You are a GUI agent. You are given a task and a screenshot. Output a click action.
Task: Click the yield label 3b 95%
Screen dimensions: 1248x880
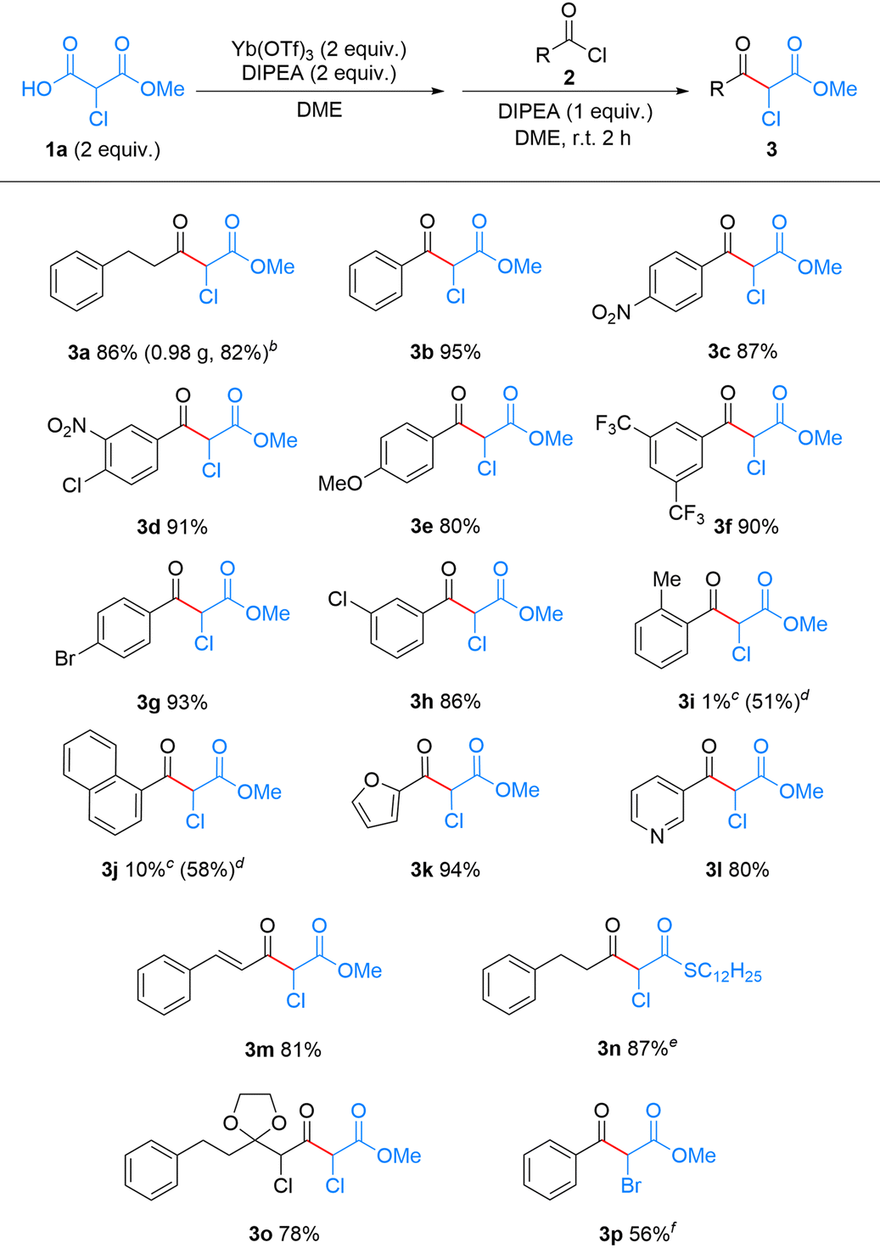pyautogui.click(x=445, y=352)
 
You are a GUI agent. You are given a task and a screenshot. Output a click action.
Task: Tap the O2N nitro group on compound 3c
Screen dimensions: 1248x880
pyautogui.click(x=611, y=313)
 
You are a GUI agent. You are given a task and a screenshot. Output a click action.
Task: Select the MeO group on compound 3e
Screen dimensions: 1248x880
pyautogui.click(x=340, y=484)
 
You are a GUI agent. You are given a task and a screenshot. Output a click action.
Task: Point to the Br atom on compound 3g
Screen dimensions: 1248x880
pyautogui.click(x=65, y=658)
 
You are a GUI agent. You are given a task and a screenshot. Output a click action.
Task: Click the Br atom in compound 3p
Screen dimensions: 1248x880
pyautogui.click(x=631, y=1185)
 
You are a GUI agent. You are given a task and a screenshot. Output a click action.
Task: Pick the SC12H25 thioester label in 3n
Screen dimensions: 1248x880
pyautogui.click(x=722, y=971)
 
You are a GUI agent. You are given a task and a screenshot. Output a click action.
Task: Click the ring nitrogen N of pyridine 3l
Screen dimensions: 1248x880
pyautogui.click(x=657, y=837)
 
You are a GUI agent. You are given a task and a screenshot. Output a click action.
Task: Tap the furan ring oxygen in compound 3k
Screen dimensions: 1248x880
pyautogui.click(x=371, y=781)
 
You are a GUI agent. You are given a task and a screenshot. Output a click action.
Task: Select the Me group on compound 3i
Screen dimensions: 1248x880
pyautogui.click(x=666, y=579)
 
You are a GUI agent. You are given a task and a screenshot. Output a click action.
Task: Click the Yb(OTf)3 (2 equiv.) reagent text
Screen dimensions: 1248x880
pyautogui.click(x=319, y=49)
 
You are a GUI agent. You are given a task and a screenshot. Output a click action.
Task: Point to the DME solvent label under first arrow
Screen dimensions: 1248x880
pyautogui.click(x=319, y=109)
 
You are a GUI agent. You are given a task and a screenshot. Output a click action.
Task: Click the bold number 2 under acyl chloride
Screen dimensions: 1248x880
pyautogui.click(x=569, y=78)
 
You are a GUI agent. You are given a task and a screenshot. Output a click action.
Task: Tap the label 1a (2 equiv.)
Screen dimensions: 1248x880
pyautogui.click(x=103, y=150)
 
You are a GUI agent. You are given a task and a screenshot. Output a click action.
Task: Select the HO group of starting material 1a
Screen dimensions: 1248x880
pyautogui.click(x=36, y=89)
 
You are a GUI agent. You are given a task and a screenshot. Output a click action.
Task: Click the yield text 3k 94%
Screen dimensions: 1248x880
pyautogui.click(x=445, y=870)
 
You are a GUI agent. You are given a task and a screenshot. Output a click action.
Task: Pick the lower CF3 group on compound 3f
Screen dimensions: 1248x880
pyautogui.click(x=685, y=513)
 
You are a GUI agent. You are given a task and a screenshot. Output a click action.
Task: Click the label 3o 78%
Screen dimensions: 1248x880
pyautogui.click(x=283, y=1234)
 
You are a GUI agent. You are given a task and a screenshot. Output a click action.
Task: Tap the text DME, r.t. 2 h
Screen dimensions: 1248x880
pyautogui.click(x=573, y=137)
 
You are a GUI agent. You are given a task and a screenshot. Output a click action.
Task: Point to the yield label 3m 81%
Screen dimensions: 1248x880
pyautogui.click(x=283, y=1049)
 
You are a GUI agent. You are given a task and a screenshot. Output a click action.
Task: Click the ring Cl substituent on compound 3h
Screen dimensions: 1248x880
pyautogui.click(x=339, y=600)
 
